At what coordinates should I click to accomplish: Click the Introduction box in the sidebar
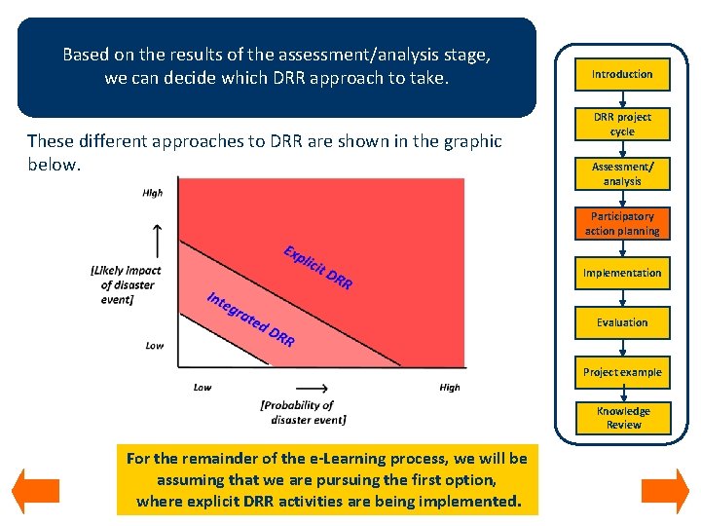click(x=622, y=74)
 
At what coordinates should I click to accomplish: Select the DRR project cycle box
click(x=622, y=124)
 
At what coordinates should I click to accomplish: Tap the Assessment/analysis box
click(x=622, y=174)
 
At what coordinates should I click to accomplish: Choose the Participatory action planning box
click(x=622, y=224)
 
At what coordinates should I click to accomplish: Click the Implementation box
click(x=622, y=274)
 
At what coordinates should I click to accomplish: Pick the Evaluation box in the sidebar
click(x=622, y=322)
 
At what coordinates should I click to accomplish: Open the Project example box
click(x=622, y=372)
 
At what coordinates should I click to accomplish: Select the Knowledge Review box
click(x=622, y=418)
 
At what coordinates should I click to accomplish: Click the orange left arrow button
click(x=36, y=492)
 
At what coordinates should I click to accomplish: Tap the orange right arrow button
click(x=665, y=492)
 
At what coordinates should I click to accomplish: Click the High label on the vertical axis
click(x=153, y=193)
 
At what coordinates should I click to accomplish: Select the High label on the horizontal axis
click(x=450, y=388)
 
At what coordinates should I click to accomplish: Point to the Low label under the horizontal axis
click(x=203, y=388)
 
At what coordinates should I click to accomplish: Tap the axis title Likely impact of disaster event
click(x=125, y=285)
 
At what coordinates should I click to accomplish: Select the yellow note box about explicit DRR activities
click(x=326, y=480)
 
